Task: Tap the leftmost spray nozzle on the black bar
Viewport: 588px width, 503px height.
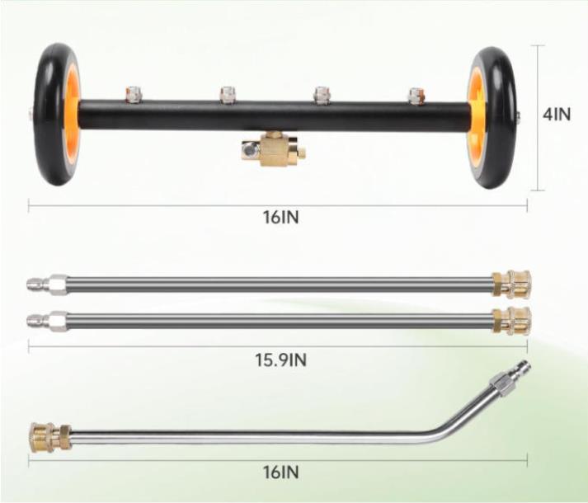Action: [x=133, y=94]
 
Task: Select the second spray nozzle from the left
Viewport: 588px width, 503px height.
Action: [x=228, y=95]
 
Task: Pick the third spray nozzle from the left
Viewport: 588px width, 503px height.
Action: [x=322, y=96]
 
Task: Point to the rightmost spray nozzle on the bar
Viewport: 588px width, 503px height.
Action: [x=416, y=96]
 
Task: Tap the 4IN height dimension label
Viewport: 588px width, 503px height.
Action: [x=557, y=114]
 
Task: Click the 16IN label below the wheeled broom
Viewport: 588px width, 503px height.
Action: [x=281, y=217]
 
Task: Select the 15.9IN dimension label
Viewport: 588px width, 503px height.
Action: [x=281, y=360]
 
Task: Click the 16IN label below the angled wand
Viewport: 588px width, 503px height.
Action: [x=281, y=472]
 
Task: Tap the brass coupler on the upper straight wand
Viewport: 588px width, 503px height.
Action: [x=510, y=284]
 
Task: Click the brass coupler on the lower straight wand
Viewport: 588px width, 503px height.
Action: [x=510, y=321]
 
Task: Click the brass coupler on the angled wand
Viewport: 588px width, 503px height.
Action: [x=50, y=436]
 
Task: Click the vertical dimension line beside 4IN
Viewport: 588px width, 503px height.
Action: [x=539, y=118]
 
